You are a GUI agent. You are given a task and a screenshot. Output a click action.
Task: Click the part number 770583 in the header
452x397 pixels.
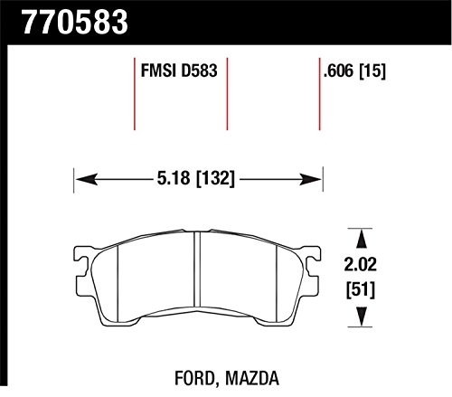(x=75, y=22)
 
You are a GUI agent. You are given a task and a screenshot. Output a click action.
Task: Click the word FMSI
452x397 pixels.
(x=158, y=71)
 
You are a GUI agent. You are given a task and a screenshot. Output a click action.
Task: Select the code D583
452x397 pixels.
(x=199, y=71)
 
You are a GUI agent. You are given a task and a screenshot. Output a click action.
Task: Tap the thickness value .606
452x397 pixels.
(x=338, y=71)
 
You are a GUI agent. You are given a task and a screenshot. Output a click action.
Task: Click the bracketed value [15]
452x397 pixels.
(x=372, y=71)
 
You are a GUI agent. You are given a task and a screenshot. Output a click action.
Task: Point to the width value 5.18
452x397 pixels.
(x=174, y=178)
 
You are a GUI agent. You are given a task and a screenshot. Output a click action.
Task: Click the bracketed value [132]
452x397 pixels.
(x=215, y=178)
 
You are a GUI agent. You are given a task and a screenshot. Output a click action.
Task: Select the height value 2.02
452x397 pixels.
(x=361, y=264)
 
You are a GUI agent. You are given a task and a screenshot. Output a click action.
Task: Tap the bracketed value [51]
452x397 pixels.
(x=361, y=289)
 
